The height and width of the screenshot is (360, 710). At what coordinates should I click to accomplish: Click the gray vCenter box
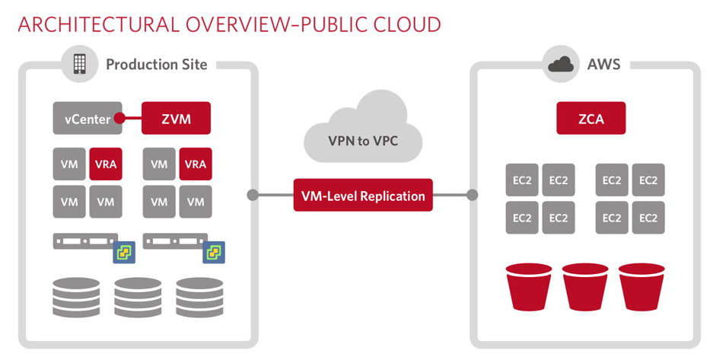(x=86, y=118)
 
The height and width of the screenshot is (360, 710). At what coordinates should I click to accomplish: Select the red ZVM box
(x=176, y=118)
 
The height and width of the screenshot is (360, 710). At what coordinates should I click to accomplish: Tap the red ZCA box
(x=591, y=118)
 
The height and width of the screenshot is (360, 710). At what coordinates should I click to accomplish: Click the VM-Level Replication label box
(x=362, y=195)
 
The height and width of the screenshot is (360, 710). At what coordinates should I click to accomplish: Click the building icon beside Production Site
(x=80, y=64)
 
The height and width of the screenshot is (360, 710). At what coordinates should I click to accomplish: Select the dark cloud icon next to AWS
(x=561, y=64)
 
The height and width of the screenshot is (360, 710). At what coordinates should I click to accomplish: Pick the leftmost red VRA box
(x=105, y=164)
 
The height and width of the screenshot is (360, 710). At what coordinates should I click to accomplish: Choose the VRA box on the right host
(x=196, y=164)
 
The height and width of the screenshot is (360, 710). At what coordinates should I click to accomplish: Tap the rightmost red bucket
(x=642, y=287)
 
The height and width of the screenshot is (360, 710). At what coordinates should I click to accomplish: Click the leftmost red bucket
(x=530, y=287)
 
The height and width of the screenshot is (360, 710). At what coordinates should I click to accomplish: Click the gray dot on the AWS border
(x=472, y=195)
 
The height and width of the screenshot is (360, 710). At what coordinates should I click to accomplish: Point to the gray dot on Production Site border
(x=253, y=195)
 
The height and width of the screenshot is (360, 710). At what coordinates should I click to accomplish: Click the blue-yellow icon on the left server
(x=123, y=253)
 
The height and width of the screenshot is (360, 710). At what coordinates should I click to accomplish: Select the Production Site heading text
(x=156, y=64)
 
